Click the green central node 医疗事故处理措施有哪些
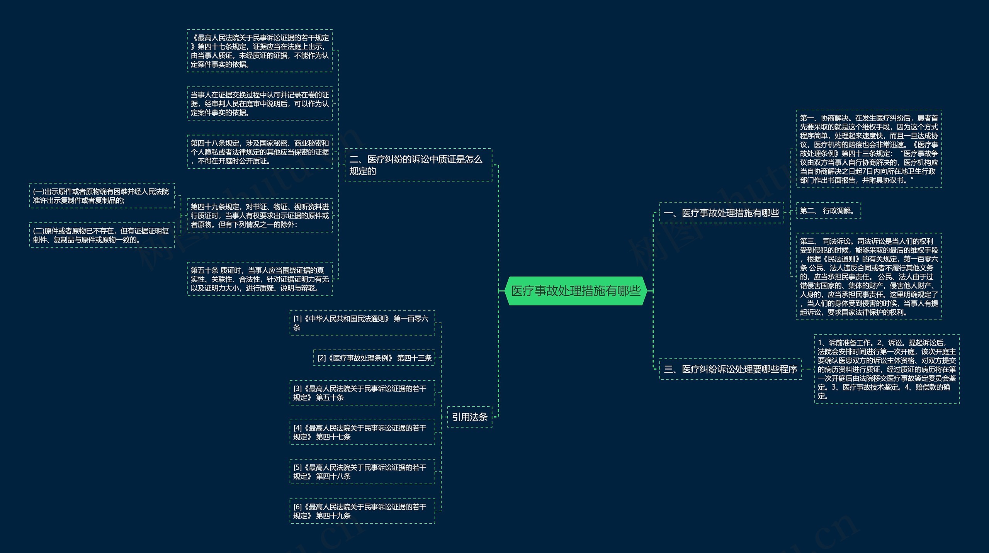click(576, 291)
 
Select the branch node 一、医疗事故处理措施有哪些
click(721, 213)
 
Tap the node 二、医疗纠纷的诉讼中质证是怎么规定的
click(418, 165)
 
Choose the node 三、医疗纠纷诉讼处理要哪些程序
click(730, 369)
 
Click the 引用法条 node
click(469, 417)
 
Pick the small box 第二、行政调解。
click(828, 210)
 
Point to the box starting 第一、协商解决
click(869, 149)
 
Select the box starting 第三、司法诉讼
click(869, 276)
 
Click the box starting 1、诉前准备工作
click(887, 369)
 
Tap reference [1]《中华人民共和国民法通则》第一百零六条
click(362, 323)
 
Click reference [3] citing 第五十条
click(362, 393)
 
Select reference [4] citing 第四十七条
click(362, 432)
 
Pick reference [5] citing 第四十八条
click(362, 472)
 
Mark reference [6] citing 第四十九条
click(362, 511)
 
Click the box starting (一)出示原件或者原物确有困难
click(102, 196)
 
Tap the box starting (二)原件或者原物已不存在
click(102, 235)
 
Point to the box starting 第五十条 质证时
click(260, 279)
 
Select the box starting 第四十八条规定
click(260, 152)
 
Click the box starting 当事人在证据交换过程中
click(260, 103)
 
